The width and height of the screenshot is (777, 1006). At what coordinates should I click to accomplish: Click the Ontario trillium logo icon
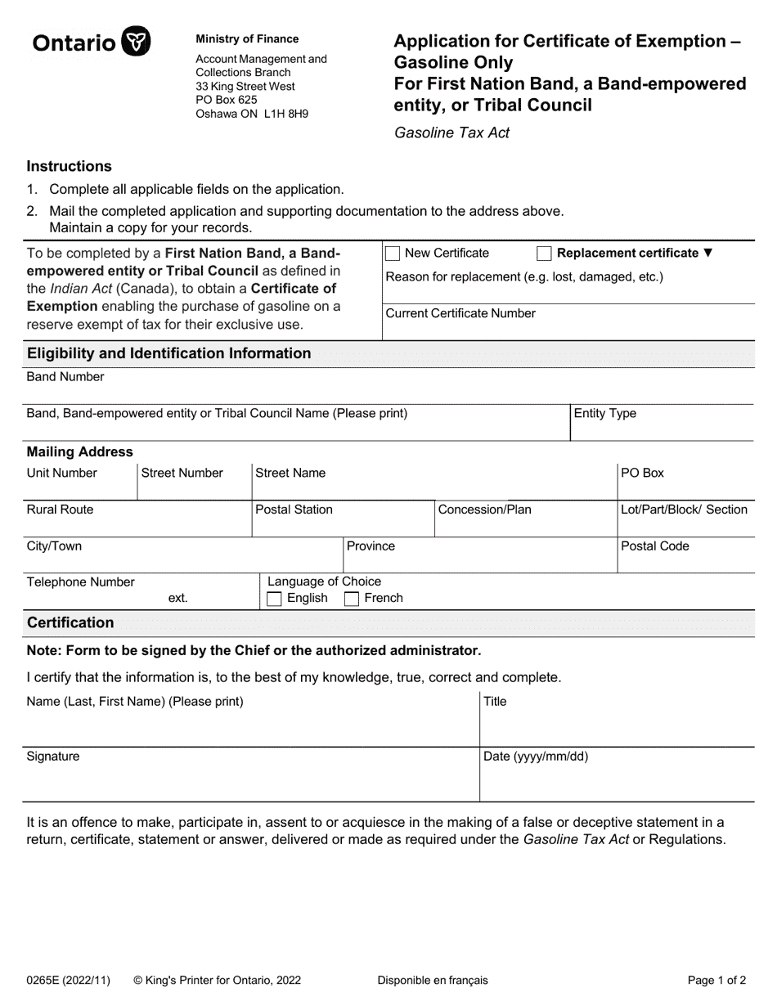coord(136,41)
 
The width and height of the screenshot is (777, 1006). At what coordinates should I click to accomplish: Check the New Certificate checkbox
coord(393,254)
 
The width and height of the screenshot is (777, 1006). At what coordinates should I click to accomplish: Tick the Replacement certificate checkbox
coord(545,254)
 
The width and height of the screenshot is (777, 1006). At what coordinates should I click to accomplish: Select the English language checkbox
coord(275,599)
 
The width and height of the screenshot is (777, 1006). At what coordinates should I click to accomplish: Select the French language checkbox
coord(352,599)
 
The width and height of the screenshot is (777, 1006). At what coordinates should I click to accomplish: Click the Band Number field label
coord(65,377)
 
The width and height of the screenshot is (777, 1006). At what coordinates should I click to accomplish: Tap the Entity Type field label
coord(604,414)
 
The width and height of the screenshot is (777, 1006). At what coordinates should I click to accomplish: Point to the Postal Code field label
coord(654,546)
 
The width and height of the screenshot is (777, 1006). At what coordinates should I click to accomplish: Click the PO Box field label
coord(642,473)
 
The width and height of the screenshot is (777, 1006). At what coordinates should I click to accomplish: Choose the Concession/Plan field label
coord(484,510)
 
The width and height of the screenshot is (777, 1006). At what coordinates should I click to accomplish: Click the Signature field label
coord(53,757)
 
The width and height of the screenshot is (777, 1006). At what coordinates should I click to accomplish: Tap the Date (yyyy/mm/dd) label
coord(536,757)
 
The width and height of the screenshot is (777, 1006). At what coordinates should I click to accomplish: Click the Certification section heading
coord(70,623)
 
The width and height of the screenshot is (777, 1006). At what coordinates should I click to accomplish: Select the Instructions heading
coord(69,166)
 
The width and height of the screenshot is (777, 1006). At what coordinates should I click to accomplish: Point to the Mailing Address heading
coord(79,452)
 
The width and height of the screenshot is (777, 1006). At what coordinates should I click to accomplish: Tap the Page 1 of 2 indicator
coord(716,980)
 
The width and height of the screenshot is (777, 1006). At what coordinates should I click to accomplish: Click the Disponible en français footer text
coord(432,980)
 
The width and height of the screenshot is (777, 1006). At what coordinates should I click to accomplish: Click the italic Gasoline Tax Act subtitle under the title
coord(451,132)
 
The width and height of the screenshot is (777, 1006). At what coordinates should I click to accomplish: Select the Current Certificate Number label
coord(460,313)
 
